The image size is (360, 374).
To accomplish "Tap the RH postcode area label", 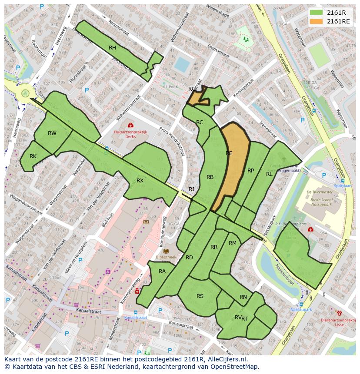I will [x=112, y=48].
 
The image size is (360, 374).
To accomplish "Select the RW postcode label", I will [x=52, y=133].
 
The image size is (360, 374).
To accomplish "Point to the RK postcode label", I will [x=33, y=156].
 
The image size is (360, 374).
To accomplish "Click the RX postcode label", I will [x=140, y=180].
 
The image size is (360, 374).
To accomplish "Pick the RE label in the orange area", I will [x=229, y=153].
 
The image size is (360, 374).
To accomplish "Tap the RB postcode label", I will [x=210, y=177].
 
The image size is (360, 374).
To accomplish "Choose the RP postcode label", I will [x=250, y=171].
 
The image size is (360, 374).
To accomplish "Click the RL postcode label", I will [x=269, y=174].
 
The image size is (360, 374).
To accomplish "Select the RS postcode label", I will [x=200, y=296].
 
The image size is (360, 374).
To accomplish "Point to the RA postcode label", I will [x=162, y=271].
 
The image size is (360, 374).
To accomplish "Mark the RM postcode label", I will [x=233, y=243].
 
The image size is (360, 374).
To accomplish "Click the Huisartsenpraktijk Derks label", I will [x=130, y=134].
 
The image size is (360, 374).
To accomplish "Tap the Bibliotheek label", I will [x=166, y=257].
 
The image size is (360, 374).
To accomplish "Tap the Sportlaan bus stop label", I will [x=343, y=185].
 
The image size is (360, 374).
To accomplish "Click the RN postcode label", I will [x=243, y=297].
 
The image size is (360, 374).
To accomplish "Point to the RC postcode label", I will [x=200, y=122].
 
